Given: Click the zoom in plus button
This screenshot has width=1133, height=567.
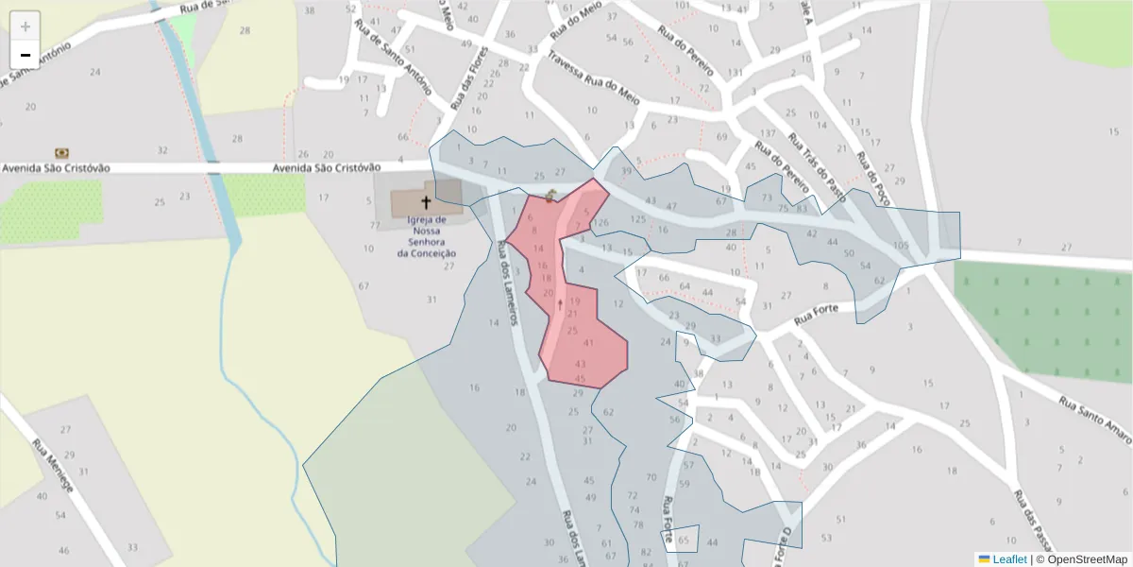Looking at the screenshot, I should pos(25,26).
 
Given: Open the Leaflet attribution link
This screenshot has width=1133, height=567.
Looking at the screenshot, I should pos(1009,559).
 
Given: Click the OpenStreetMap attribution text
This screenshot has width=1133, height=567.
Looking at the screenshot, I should pos(1081,559).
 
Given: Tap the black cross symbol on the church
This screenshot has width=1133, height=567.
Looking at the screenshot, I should pos(426,202).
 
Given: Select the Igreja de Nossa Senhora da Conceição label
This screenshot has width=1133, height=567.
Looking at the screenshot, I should pos(427,236).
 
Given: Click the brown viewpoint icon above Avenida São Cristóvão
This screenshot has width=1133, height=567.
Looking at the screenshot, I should pos(62,152).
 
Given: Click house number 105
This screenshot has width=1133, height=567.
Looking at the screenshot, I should pos(901,246).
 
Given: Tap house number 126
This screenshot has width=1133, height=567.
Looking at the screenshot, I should pos(601,223).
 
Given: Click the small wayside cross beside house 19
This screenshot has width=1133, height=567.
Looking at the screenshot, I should pos(561,304).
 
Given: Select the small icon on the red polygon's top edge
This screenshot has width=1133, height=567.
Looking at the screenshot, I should pos(550,196).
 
